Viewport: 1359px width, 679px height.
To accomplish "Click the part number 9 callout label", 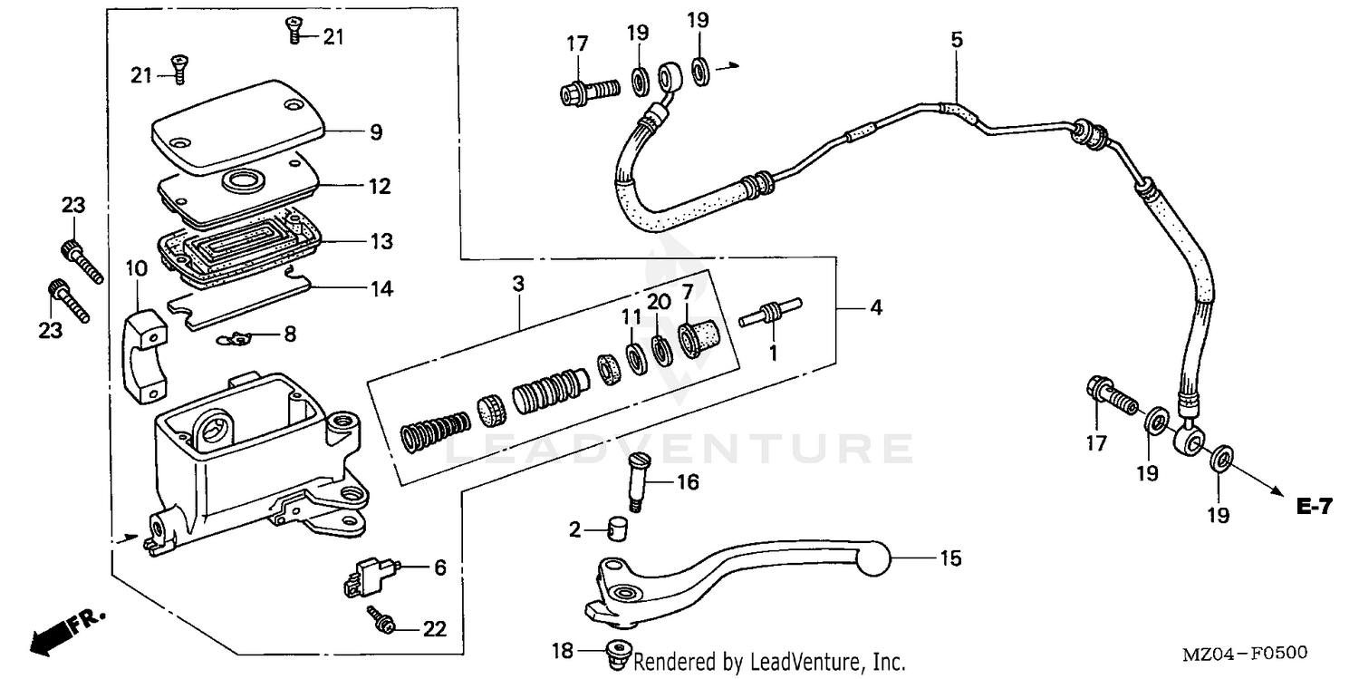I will tap(375, 132).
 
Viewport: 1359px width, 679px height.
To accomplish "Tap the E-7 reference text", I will tap(1315, 508).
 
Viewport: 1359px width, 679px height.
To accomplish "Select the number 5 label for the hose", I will tap(957, 40).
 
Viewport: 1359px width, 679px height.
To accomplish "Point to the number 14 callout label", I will tap(381, 289).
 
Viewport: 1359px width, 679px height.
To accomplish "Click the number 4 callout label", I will tap(874, 308).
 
